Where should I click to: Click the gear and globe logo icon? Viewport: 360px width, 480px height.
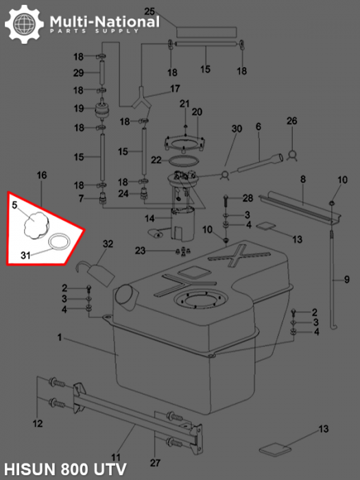tap(24, 24)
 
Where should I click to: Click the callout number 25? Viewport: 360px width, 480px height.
tap(149, 12)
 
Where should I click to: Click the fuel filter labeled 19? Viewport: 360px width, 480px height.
tap(102, 110)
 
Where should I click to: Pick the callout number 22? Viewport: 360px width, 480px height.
tap(156, 160)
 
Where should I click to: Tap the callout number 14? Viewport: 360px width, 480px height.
tap(149, 219)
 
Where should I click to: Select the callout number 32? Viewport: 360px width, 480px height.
tap(108, 243)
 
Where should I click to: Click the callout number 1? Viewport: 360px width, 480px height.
tap(60, 337)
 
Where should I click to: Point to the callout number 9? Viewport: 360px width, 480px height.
tap(346, 280)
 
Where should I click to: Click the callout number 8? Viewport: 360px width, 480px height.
tap(303, 179)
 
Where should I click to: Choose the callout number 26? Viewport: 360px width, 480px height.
tap(291, 121)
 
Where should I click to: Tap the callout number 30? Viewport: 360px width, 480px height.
tap(237, 129)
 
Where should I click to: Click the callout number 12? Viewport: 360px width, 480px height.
tap(38, 424)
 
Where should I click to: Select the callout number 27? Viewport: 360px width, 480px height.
tap(155, 463)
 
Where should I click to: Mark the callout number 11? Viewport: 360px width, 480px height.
tap(116, 457)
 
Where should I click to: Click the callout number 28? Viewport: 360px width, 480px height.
tap(248, 198)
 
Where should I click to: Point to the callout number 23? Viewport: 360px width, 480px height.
tap(140, 251)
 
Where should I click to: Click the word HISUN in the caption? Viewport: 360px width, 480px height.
tap(29, 469)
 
